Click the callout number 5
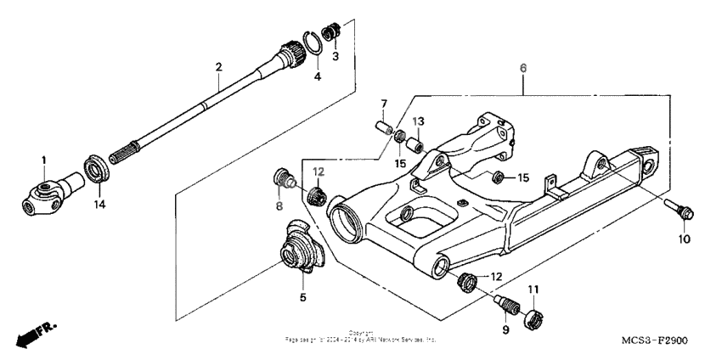[302, 297]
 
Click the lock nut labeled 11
[533, 318]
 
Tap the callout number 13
[416, 121]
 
